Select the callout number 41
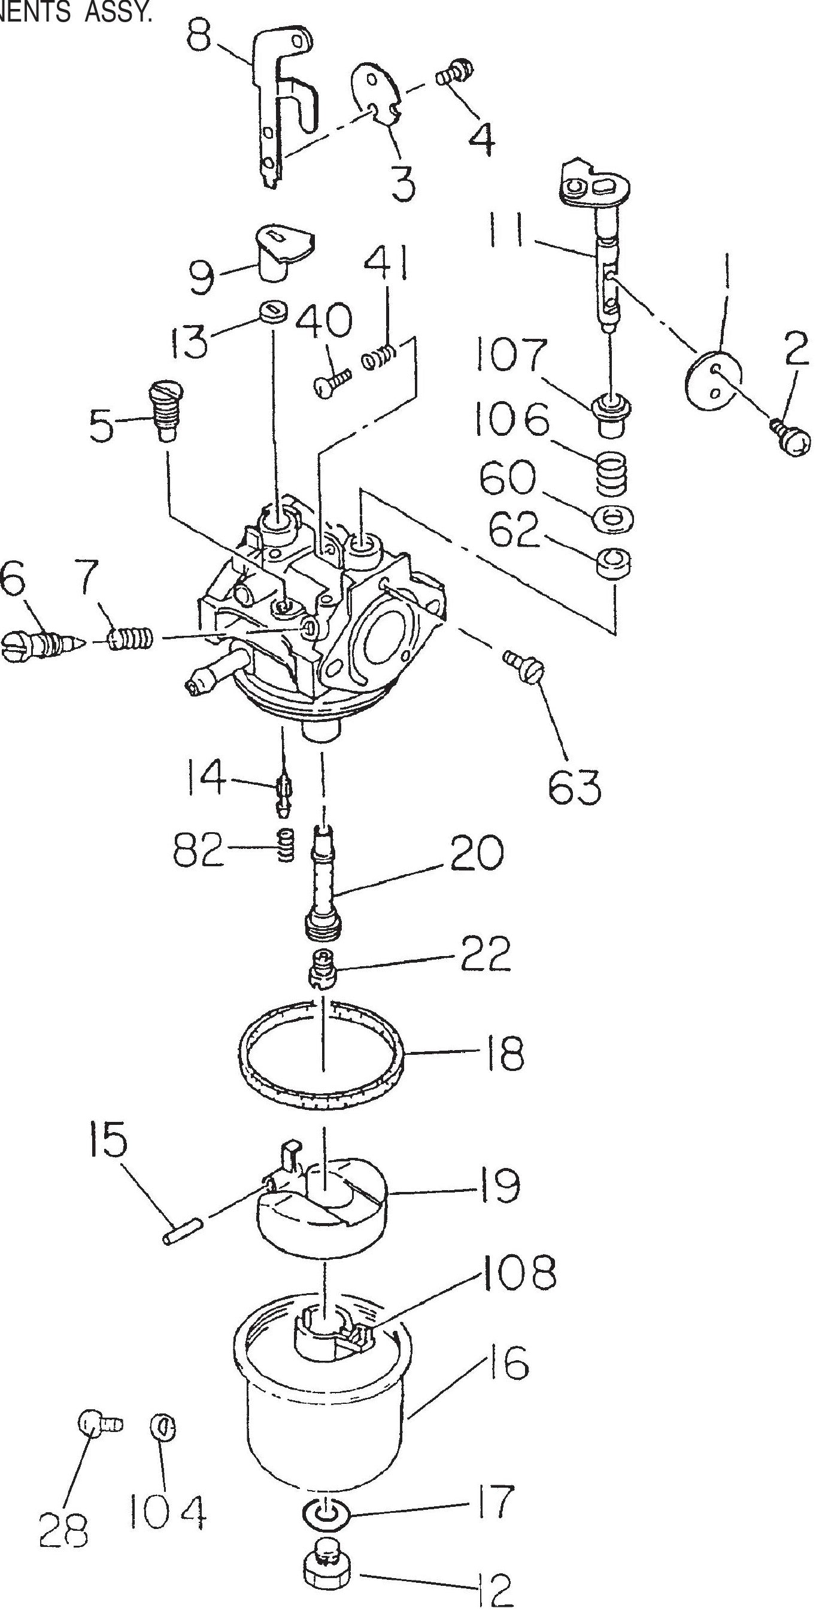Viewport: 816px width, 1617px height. (387, 263)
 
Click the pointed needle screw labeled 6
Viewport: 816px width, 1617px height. (41, 644)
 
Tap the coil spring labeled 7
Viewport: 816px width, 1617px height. (131, 639)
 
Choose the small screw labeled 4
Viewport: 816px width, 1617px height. (455, 71)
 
